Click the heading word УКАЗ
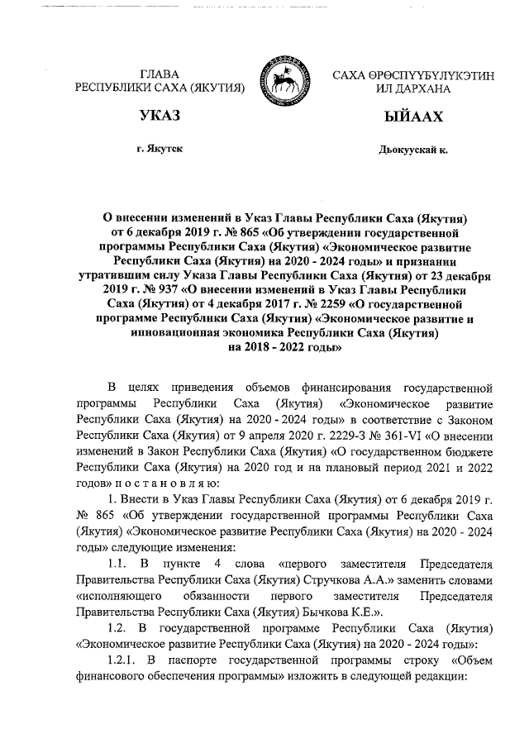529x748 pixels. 160,117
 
